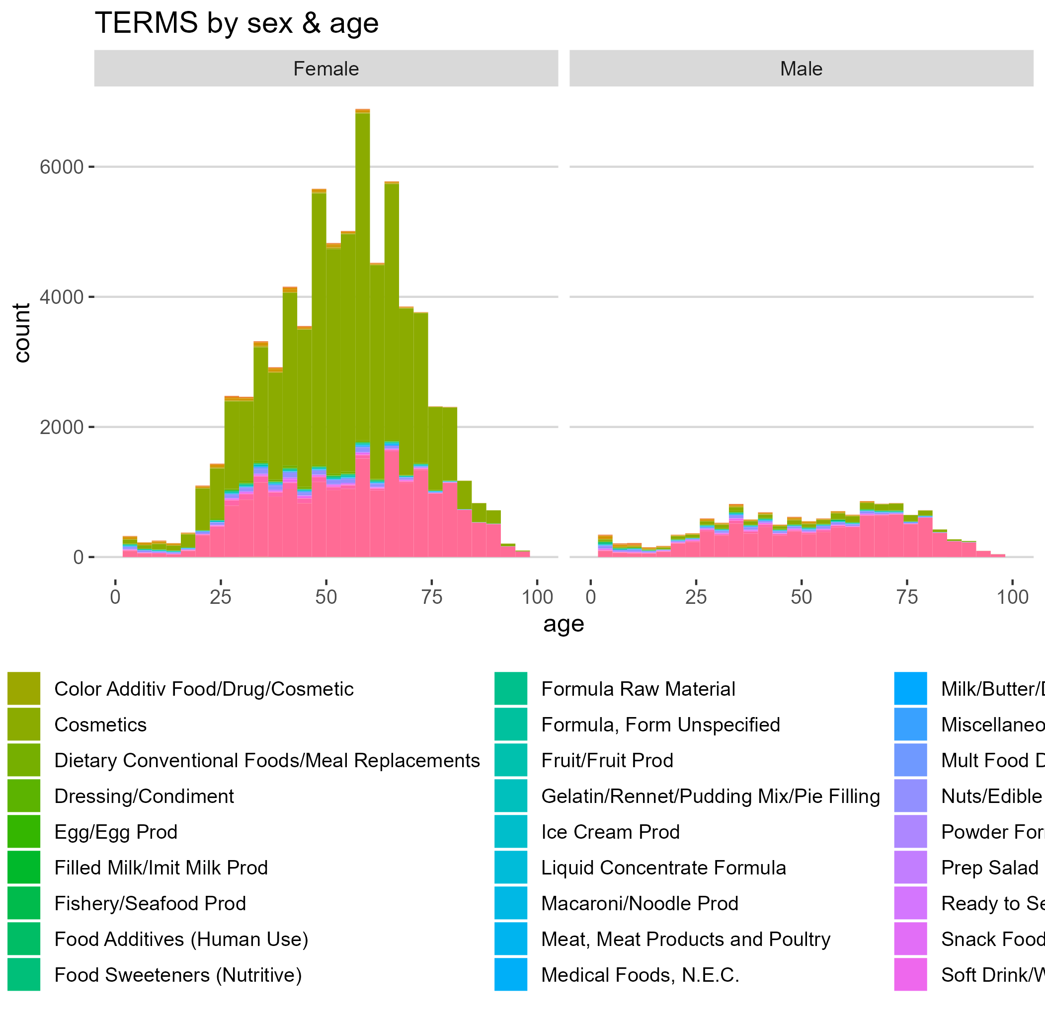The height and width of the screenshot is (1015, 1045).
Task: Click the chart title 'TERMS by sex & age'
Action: tap(237, 23)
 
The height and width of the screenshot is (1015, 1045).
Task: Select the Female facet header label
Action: tap(326, 69)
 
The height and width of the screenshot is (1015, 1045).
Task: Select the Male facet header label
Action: tap(801, 69)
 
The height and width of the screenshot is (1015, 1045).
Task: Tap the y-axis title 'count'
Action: tap(22, 333)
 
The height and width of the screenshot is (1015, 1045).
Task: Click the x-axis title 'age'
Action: tap(563, 624)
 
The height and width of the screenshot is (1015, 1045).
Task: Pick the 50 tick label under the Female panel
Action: tap(326, 597)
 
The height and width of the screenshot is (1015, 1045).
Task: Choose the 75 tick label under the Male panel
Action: tap(907, 597)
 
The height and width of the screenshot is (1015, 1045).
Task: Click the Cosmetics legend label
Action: tap(100, 725)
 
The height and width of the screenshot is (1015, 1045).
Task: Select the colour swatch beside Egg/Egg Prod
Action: tap(24, 832)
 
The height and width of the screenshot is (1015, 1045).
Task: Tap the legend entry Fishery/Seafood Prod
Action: tap(150, 904)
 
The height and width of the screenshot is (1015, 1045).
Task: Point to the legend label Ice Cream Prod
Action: tap(610, 832)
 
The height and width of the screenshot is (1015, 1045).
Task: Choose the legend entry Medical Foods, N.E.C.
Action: tap(640, 975)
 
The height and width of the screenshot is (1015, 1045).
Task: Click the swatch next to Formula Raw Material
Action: tap(510, 689)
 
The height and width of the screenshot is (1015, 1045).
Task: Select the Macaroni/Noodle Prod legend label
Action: tap(640, 904)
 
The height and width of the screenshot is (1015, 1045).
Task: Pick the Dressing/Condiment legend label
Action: tap(144, 797)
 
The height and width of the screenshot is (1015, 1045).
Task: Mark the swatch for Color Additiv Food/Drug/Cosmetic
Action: tap(24, 689)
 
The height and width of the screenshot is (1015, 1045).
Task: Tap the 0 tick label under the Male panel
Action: tap(590, 597)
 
